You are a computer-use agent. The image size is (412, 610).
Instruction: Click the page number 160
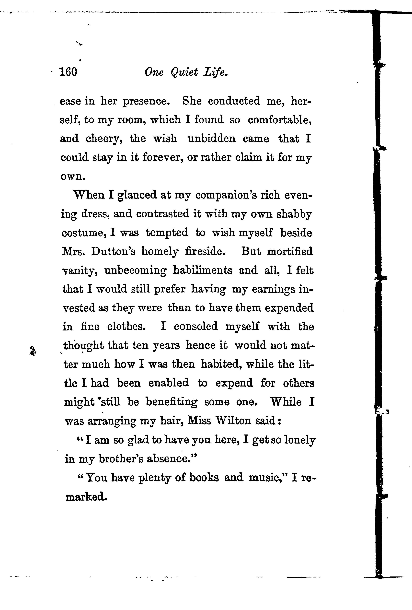(69, 72)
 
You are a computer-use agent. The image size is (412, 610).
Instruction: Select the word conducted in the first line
(234, 101)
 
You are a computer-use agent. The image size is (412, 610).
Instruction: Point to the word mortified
(290, 251)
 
